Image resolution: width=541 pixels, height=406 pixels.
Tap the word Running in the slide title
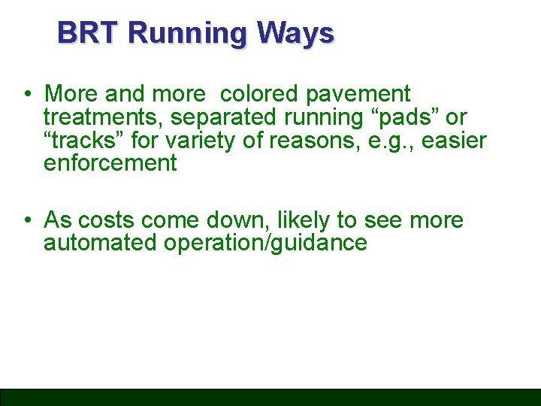[188, 33]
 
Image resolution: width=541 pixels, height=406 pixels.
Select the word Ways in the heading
[295, 33]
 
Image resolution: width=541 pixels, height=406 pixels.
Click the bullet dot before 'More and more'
[26, 95]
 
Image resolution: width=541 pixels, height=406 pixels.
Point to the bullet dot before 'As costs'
[26, 220]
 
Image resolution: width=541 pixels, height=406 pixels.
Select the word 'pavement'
[358, 95]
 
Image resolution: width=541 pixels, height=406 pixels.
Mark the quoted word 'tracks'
[83, 140]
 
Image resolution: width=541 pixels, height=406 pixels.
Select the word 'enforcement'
[110, 162]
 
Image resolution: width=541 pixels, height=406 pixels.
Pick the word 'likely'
[304, 220]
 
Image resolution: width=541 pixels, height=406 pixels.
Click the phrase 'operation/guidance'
[264, 244]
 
